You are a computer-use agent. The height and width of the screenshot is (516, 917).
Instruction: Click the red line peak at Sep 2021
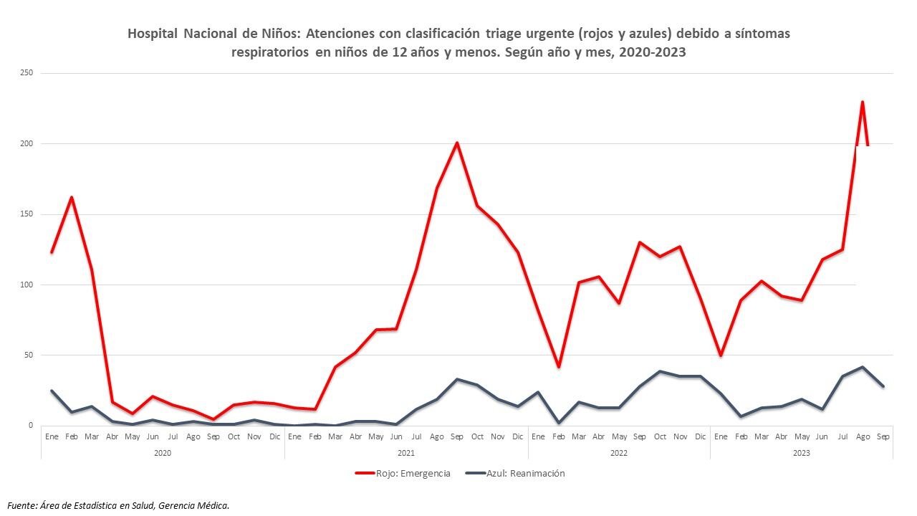[x=456, y=143]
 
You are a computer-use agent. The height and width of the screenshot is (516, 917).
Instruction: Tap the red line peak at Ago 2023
[x=862, y=102]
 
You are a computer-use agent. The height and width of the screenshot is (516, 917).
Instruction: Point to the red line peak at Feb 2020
[x=72, y=197]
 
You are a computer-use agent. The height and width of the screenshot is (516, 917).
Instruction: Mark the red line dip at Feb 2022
[x=558, y=367]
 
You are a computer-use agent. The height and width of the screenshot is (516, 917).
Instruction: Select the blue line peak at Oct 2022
[x=660, y=371]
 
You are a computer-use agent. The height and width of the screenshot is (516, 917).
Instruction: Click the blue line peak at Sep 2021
[x=456, y=379]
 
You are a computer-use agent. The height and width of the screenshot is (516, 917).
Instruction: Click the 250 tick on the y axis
[x=27, y=73]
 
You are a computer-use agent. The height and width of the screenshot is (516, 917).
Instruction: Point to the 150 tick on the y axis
[x=27, y=214]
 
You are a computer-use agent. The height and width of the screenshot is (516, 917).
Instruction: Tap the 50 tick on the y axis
[x=29, y=355]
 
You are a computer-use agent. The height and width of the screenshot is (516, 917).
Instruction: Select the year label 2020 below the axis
[x=163, y=452]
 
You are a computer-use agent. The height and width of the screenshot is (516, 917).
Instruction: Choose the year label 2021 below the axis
[x=405, y=452]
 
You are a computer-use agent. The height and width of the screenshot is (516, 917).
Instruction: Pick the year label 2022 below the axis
[x=619, y=452]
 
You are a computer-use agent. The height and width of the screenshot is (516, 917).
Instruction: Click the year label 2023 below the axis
[x=802, y=452]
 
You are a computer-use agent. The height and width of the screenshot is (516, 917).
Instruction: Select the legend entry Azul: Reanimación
[x=524, y=474]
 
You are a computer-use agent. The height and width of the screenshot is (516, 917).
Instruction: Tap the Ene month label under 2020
[x=52, y=436]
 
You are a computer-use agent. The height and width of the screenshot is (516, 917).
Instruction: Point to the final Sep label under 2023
[x=883, y=436]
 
